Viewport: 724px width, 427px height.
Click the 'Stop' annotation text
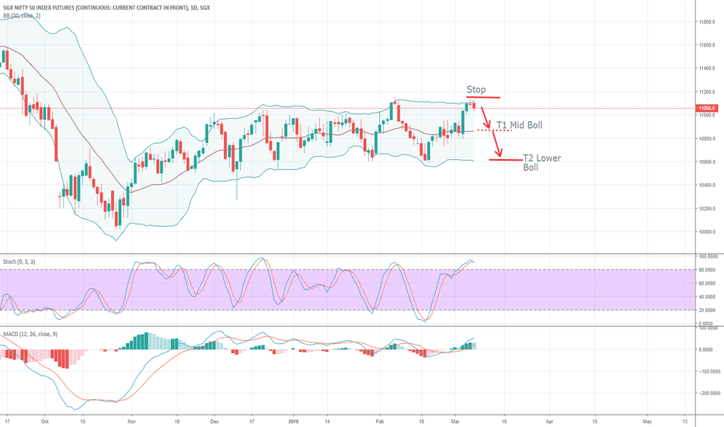[475, 90]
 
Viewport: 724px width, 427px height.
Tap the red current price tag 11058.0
[706, 108]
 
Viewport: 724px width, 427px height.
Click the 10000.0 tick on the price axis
[706, 231]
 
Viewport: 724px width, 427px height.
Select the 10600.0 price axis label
[706, 161]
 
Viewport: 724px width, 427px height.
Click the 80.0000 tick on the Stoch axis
[706, 269]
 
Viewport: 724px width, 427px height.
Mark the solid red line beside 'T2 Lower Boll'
[504, 160]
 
